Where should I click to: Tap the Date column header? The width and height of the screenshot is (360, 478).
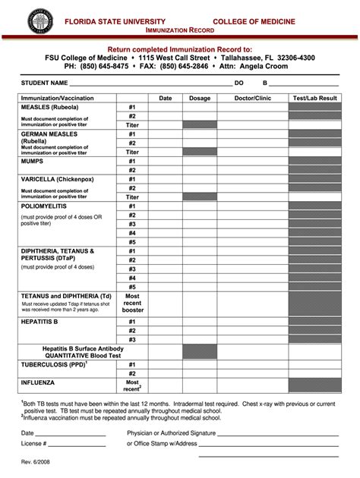[x=165, y=99]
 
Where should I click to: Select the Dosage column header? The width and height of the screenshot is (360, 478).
[x=200, y=99]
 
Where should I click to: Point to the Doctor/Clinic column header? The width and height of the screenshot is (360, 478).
[x=252, y=99]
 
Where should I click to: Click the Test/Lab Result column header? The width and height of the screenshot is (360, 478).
[x=314, y=99]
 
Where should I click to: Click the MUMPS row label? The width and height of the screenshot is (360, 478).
[x=33, y=162]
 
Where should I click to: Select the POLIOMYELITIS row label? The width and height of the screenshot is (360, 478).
[x=44, y=206]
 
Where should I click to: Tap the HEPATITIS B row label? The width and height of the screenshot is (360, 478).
[x=39, y=322]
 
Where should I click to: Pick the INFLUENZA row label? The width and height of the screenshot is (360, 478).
[x=37, y=383]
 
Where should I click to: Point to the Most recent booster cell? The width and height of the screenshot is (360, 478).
[x=132, y=303]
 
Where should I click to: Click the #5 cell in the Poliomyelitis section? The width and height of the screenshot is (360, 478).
[x=132, y=242]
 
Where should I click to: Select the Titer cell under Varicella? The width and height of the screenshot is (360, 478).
[x=132, y=197]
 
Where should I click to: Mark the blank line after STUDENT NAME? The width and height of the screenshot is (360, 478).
[x=152, y=83]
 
